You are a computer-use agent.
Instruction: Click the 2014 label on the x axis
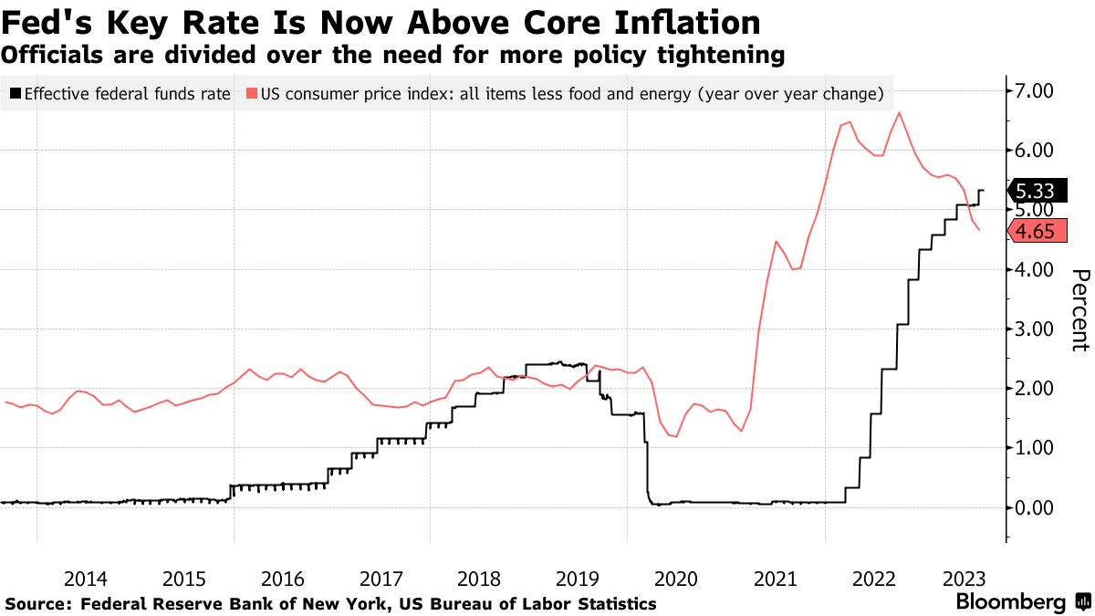[x=86, y=579]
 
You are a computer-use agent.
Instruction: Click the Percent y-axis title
[x=1079, y=310]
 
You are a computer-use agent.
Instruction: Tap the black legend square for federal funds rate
[x=15, y=93]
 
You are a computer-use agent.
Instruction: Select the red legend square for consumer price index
[x=252, y=93]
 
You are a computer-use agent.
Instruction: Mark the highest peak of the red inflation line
[x=900, y=113]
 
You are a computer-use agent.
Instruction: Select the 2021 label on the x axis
[x=774, y=579]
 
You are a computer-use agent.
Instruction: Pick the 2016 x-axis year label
[x=283, y=579]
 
